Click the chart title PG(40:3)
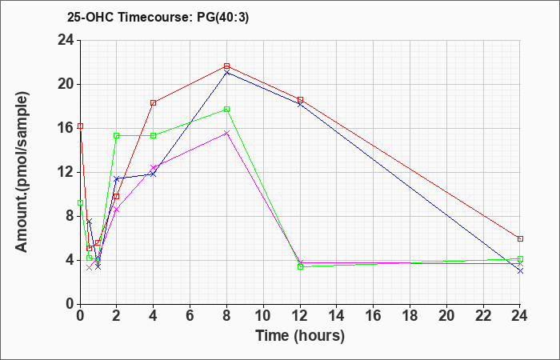tap(222, 17)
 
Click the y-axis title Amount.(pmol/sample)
tap(22, 172)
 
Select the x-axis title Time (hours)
tap(300, 336)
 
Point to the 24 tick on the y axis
tap(66, 40)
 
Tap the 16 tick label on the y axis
tap(66, 128)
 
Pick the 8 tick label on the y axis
tap(70, 216)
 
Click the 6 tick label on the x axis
tap(190, 315)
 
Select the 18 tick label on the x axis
tap(410, 315)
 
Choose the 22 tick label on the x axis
tap(483, 315)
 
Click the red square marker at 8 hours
tap(226, 66)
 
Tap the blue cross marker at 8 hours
tap(226, 73)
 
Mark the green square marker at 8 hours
tap(226, 110)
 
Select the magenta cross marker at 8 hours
tap(226, 134)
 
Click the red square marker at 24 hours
tap(520, 238)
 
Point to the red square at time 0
tap(80, 126)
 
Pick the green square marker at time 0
tap(80, 203)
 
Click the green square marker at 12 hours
tap(300, 266)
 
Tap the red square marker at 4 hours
tap(154, 103)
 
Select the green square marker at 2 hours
tap(117, 135)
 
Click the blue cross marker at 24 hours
tap(520, 271)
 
